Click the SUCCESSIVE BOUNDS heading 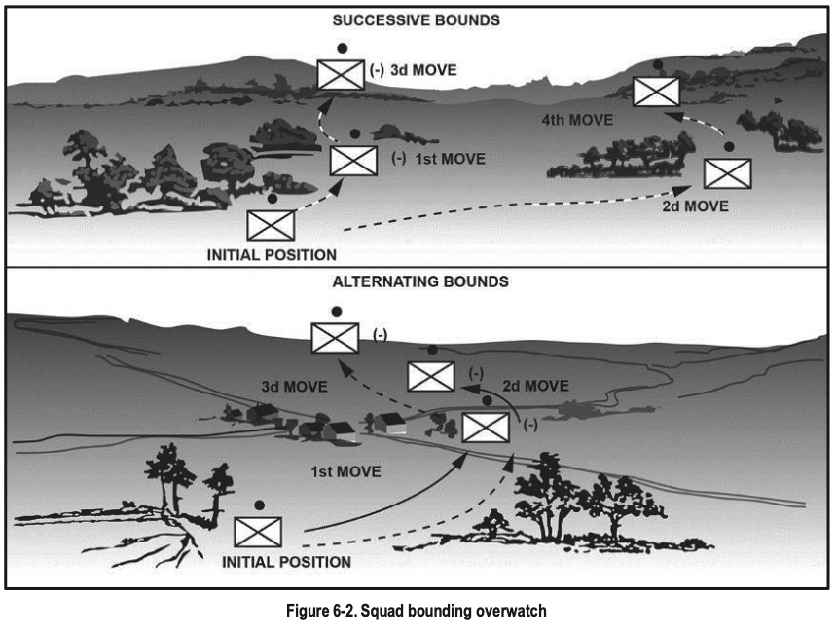(417, 19)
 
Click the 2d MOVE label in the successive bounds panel (693, 206)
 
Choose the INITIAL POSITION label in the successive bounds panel (273, 255)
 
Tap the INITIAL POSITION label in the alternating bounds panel (286, 562)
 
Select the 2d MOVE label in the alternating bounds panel (533, 386)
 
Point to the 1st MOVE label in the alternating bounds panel (345, 472)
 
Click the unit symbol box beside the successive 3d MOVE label (341, 74)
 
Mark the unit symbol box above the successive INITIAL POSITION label (271, 225)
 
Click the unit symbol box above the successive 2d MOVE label (727, 173)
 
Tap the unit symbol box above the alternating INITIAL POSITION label (258, 532)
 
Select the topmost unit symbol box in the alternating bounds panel (334, 337)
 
